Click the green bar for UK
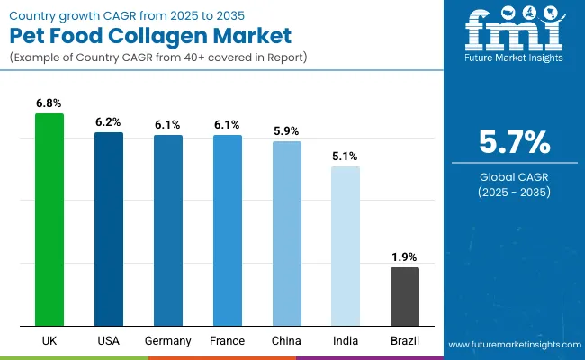click(x=49, y=220)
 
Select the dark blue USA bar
click(x=109, y=229)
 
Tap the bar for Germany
click(x=168, y=230)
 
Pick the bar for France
click(x=228, y=230)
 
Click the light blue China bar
click(x=287, y=233)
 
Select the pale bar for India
click(x=346, y=246)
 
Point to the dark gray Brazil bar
click(x=405, y=296)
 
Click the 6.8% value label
click(x=49, y=103)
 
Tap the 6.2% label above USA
click(x=109, y=121)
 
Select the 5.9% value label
click(x=287, y=130)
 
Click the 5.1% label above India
click(x=346, y=156)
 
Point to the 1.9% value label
click(x=405, y=257)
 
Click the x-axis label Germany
click(x=168, y=341)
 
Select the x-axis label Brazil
click(x=405, y=341)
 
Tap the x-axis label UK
click(x=49, y=341)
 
